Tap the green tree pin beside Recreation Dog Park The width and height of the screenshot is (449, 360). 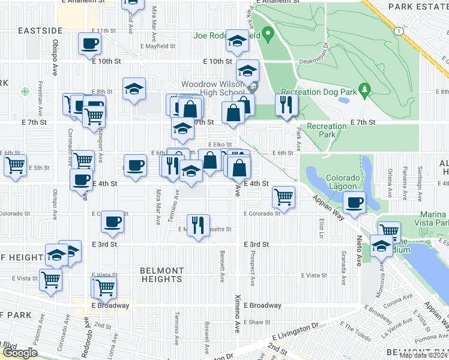tap(363, 90)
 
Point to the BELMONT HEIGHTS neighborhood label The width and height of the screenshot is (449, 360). tap(161, 275)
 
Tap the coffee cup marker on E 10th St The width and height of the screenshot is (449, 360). tap(89, 43)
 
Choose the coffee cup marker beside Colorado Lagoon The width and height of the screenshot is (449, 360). tap(355, 202)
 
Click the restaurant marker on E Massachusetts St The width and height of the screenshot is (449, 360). tap(198, 225)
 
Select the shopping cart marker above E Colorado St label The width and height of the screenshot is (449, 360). tap(283, 196)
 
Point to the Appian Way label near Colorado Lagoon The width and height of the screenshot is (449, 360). tap(328, 206)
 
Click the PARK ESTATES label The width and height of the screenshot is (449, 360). tap(418, 6)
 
